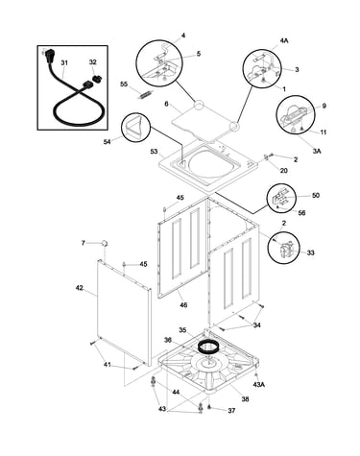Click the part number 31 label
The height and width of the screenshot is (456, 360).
[x=64, y=63]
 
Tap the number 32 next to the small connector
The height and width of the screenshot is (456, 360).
[x=92, y=62]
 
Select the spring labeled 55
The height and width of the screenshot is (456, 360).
[x=146, y=95]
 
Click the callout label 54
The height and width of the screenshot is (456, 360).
[x=107, y=141]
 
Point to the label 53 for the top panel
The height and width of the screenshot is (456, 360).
[x=155, y=151]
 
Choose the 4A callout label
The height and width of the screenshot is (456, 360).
[x=284, y=40]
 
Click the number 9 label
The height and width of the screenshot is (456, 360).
[x=324, y=106]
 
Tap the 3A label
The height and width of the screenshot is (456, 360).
[x=316, y=151]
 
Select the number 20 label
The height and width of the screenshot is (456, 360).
[x=284, y=170]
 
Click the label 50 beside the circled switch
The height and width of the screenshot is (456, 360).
[x=316, y=195]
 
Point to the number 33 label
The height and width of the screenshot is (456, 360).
[x=310, y=252]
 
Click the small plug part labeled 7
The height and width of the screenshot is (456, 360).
[x=105, y=243]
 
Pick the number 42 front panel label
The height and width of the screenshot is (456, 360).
[x=79, y=288]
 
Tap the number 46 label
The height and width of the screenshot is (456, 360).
[x=183, y=305]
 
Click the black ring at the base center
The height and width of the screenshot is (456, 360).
[x=207, y=347]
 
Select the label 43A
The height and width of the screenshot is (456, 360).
[x=259, y=385]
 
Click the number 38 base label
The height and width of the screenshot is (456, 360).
[x=245, y=399]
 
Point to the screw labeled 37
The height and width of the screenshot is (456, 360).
[x=209, y=407]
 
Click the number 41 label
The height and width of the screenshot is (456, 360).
[x=108, y=365]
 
